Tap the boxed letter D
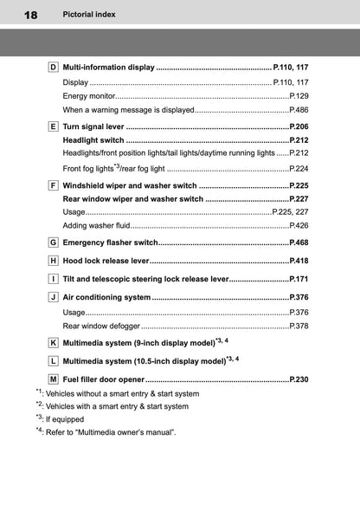click(x=54, y=67)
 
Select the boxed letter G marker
click(x=54, y=243)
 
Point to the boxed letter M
click(x=54, y=379)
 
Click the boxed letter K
click(x=54, y=343)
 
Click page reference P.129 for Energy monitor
click(x=299, y=95)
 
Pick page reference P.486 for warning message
click(x=299, y=110)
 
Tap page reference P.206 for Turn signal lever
click(x=299, y=126)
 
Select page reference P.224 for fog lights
click(x=299, y=169)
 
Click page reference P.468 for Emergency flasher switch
click(x=299, y=243)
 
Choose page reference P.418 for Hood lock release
click(x=299, y=261)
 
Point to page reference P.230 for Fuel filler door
click(x=299, y=379)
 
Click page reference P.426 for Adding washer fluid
click(x=299, y=225)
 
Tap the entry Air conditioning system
click(x=106, y=297)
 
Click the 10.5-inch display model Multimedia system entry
click(x=144, y=361)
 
